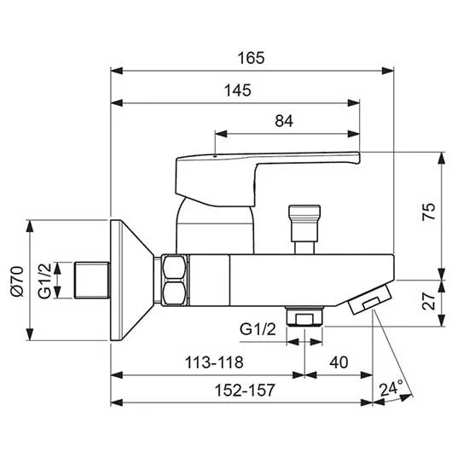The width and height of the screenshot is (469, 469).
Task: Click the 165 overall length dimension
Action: tap(252, 58)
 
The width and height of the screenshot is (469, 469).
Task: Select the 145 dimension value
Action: tap(238, 90)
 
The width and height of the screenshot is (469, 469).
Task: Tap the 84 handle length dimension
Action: tap(284, 121)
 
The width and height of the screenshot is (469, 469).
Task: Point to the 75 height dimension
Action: tap(429, 211)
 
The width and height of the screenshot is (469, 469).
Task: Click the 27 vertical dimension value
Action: tap(429, 301)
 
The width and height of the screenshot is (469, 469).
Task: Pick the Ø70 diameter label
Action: tap(17, 281)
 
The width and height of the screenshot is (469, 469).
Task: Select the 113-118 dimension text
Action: tap(214, 362)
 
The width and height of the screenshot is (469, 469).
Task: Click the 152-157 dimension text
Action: tap(245, 390)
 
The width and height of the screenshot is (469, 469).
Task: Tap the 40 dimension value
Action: tap(339, 362)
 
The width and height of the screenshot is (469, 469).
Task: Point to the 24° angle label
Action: tap(391, 389)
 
